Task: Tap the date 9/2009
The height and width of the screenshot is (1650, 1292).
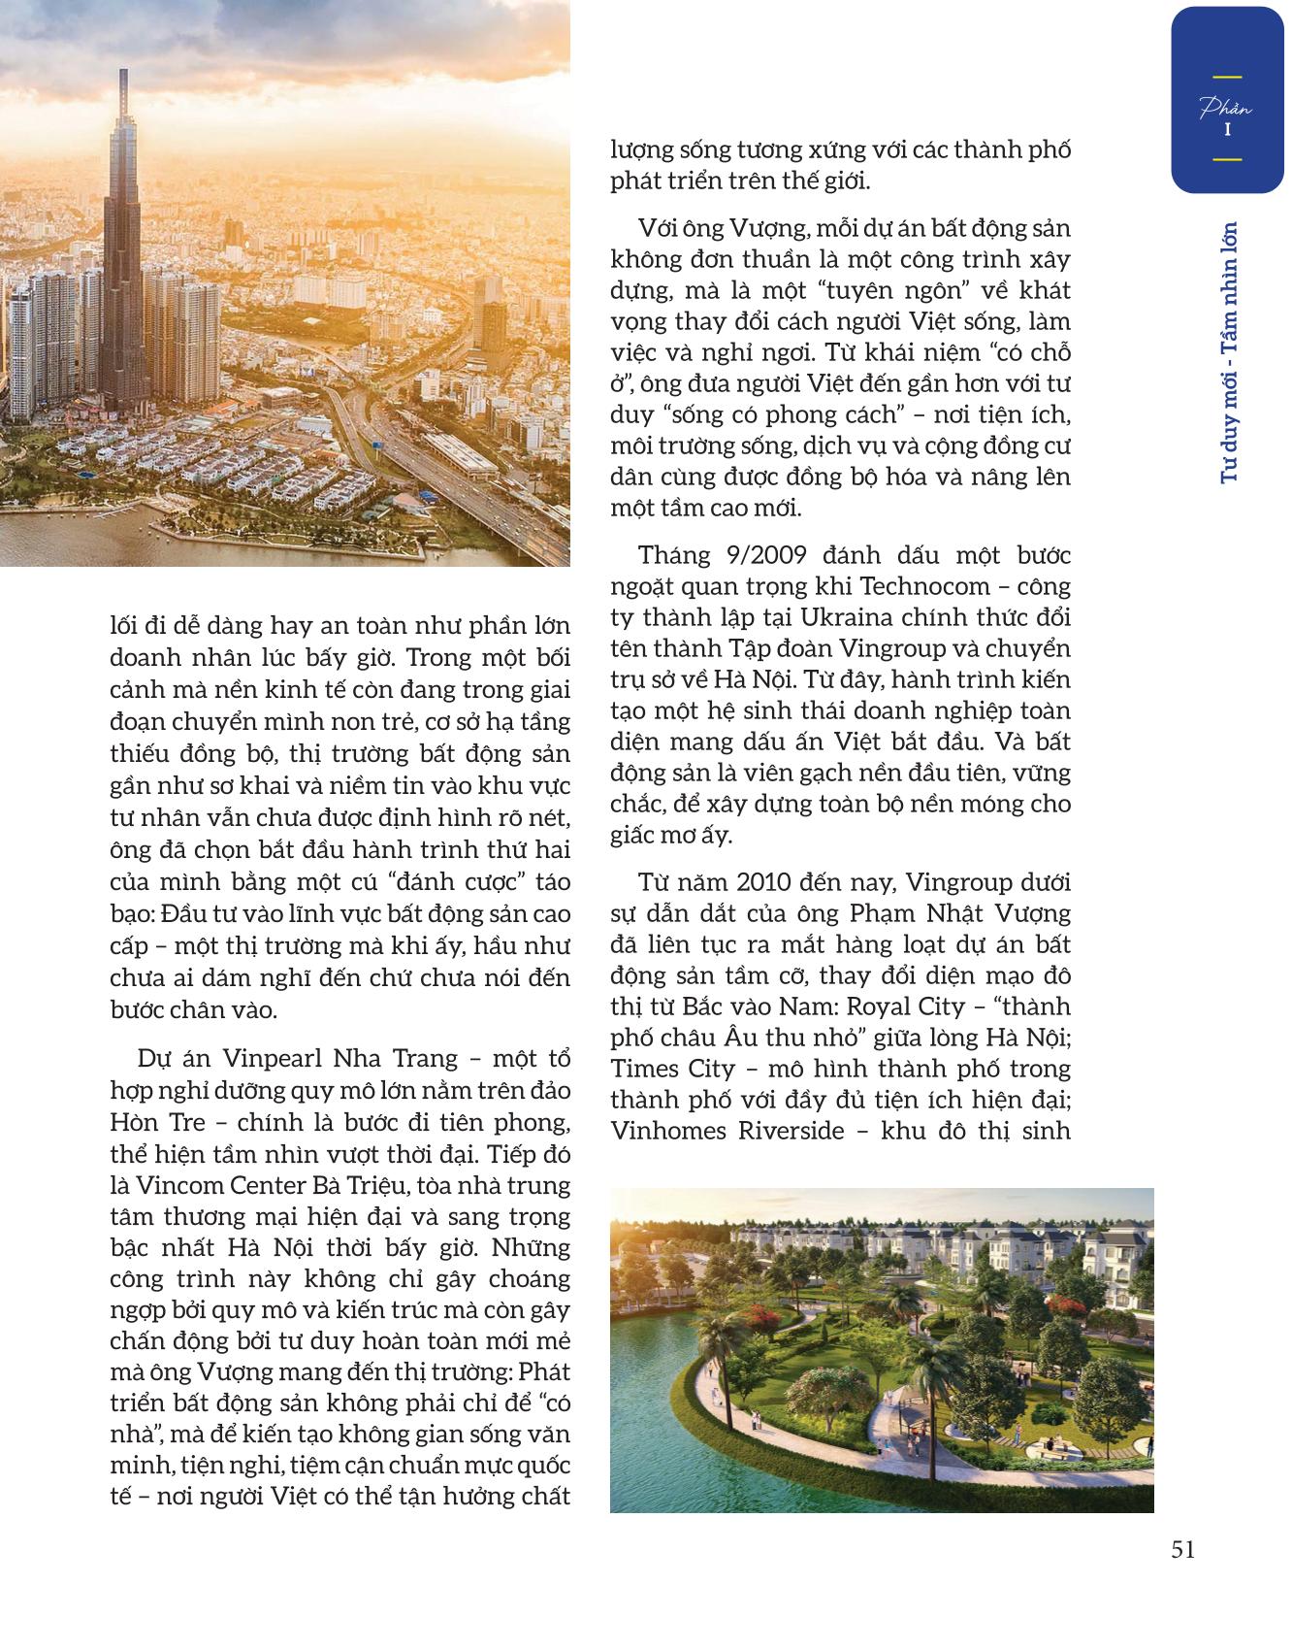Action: tap(763, 555)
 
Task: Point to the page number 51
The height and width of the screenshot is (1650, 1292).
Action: tap(1182, 1549)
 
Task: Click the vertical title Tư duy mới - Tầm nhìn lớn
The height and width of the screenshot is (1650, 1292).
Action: tap(1231, 351)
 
